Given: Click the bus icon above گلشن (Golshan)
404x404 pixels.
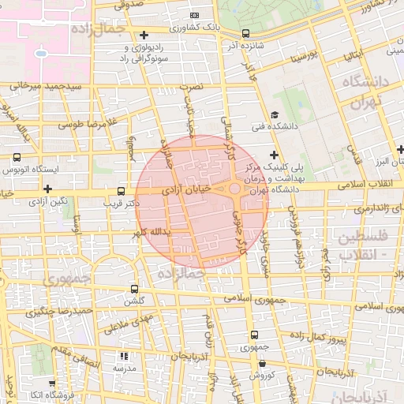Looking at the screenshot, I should [x=134, y=289].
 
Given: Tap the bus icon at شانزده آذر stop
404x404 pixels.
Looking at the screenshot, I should [x=246, y=34].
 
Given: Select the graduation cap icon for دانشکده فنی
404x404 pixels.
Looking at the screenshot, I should [x=274, y=115].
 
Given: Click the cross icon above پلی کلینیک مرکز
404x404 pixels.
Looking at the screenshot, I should [x=274, y=155].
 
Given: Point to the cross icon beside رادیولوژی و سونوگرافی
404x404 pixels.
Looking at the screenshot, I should [x=144, y=35].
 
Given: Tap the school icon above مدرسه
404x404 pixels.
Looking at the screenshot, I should [x=122, y=356].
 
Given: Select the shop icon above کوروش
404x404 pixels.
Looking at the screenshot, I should [x=253, y=362].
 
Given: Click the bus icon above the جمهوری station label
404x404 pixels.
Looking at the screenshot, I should [x=253, y=335].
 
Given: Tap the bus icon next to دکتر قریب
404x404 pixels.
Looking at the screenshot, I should [x=121, y=191].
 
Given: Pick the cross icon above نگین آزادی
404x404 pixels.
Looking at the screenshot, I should [x=49, y=189].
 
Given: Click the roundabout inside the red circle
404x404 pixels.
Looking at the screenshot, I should [x=235, y=189].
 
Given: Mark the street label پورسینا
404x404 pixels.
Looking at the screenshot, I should [x=304, y=56].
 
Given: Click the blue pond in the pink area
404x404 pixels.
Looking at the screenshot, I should [x=40, y=54].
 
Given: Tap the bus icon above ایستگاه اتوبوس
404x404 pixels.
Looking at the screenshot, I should [x=17, y=157].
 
